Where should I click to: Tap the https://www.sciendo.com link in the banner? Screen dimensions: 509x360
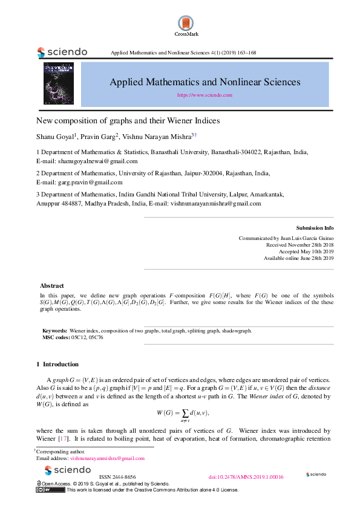(205, 96)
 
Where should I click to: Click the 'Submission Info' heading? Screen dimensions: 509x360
(315, 228)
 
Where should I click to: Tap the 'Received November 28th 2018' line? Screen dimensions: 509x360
(300, 245)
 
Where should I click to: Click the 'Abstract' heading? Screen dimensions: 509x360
(52, 285)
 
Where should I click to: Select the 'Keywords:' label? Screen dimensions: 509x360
(54, 331)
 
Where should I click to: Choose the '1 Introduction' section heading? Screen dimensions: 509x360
(57, 365)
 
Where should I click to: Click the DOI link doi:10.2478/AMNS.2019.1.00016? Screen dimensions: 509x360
(246, 477)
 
